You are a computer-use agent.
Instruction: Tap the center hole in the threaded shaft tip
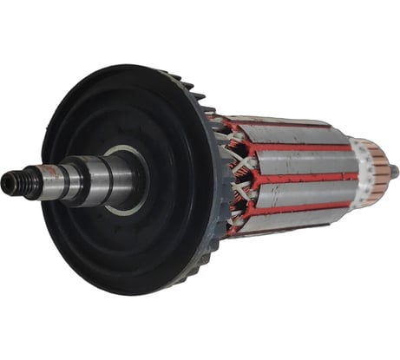click(6, 182)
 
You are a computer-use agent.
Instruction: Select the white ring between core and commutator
click(357, 166)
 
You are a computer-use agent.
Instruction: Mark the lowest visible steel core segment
click(291, 217)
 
